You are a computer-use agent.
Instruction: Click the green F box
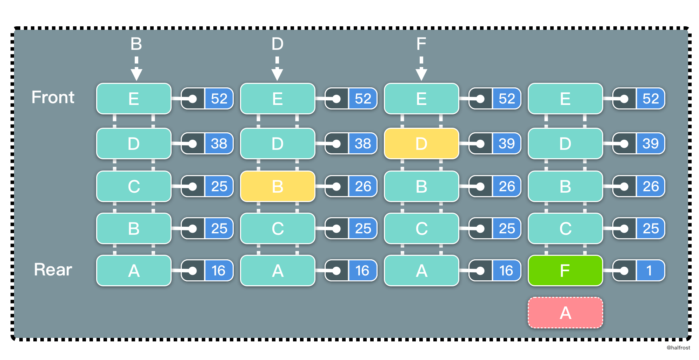click(x=565, y=271)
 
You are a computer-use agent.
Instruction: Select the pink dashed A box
click(x=565, y=313)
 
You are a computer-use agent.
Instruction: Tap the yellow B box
click(x=277, y=186)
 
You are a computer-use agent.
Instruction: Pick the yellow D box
click(x=421, y=144)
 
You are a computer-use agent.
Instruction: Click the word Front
click(x=53, y=97)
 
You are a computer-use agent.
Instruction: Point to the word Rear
click(x=53, y=269)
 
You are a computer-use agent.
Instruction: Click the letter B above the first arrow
click(x=136, y=44)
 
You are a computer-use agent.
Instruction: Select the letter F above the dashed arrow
click(x=421, y=44)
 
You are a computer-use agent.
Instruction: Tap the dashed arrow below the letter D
click(x=277, y=69)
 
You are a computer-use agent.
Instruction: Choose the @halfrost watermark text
click(x=678, y=347)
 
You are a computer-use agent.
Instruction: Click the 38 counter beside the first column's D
click(x=219, y=144)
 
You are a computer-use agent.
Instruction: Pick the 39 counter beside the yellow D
click(x=507, y=144)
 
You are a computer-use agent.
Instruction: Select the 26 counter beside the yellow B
click(x=363, y=186)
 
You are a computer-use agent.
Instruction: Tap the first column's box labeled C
click(x=134, y=186)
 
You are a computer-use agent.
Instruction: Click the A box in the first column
click(x=134, y=271)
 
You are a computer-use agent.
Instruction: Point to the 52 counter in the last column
click(x=651, y=99)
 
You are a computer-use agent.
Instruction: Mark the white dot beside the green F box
click(x=624, y=271)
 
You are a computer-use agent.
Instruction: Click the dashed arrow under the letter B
click(x=136, y=69)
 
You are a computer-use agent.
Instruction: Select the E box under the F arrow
click(x=421, y=99)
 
